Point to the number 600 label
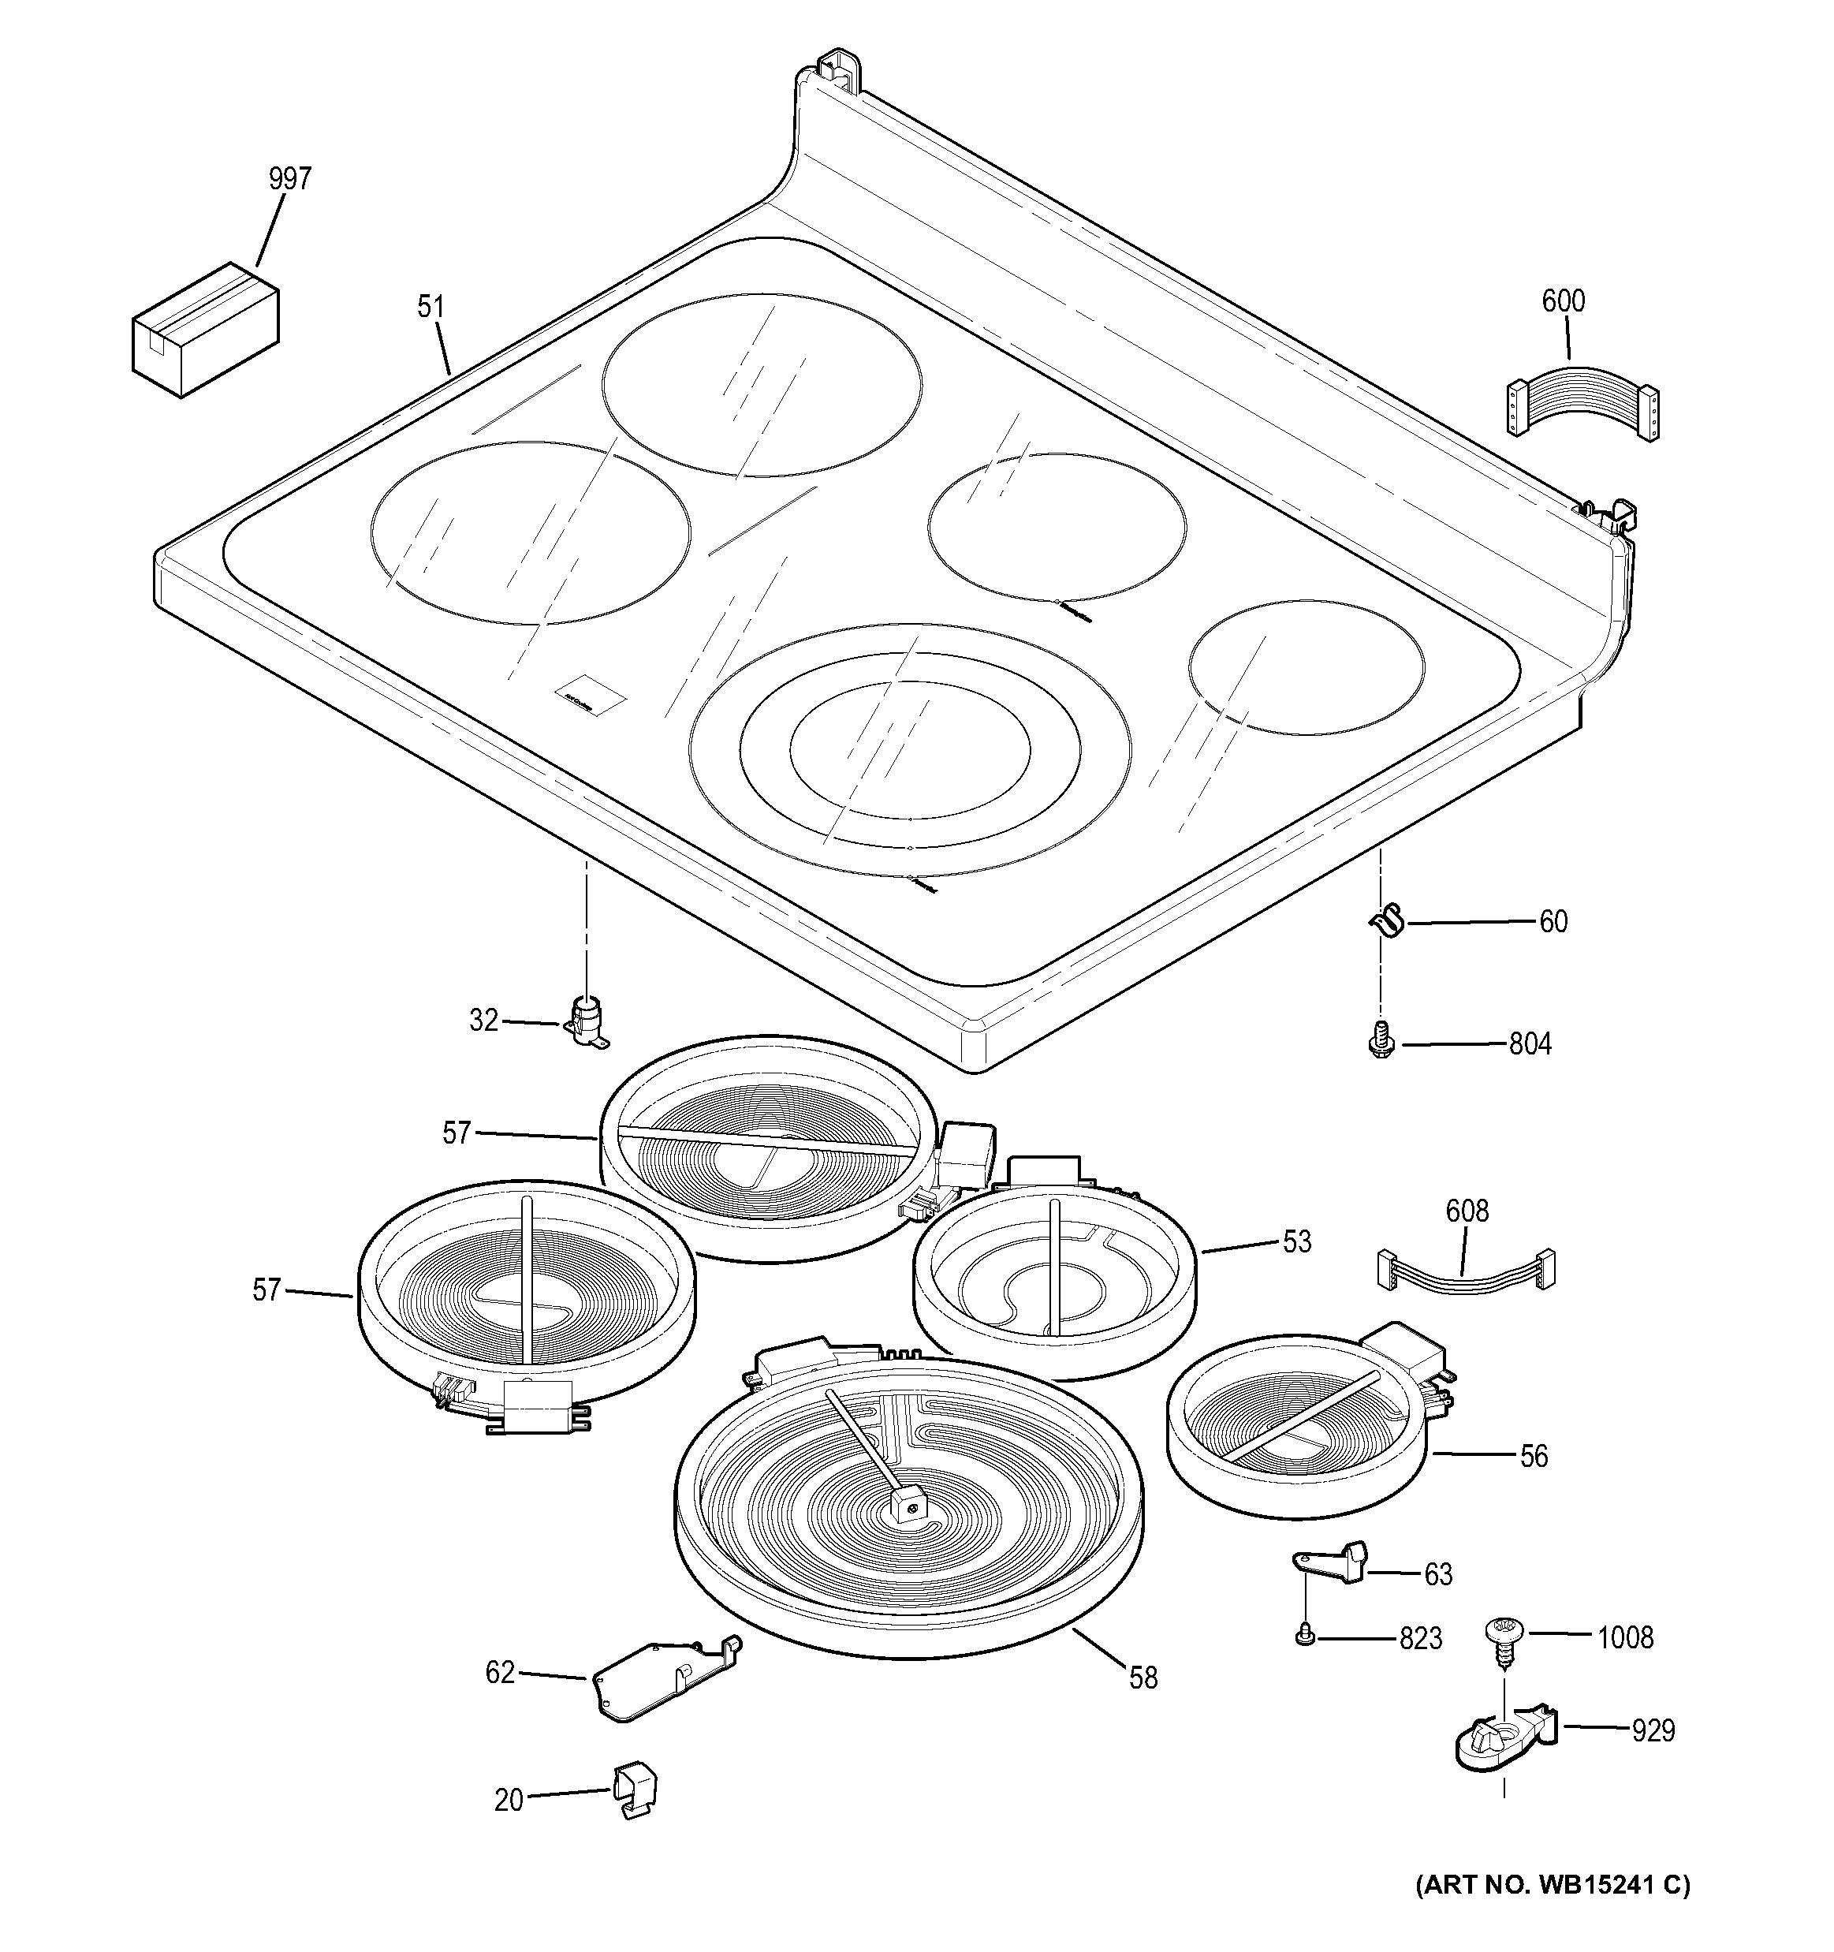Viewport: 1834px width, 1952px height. [x=1563, y=300]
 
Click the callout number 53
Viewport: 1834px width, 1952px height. [x=1297, y=1242]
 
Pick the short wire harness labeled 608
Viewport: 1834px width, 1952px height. [x=1467, y=1272]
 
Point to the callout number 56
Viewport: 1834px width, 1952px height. [x=1534, y=1456]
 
